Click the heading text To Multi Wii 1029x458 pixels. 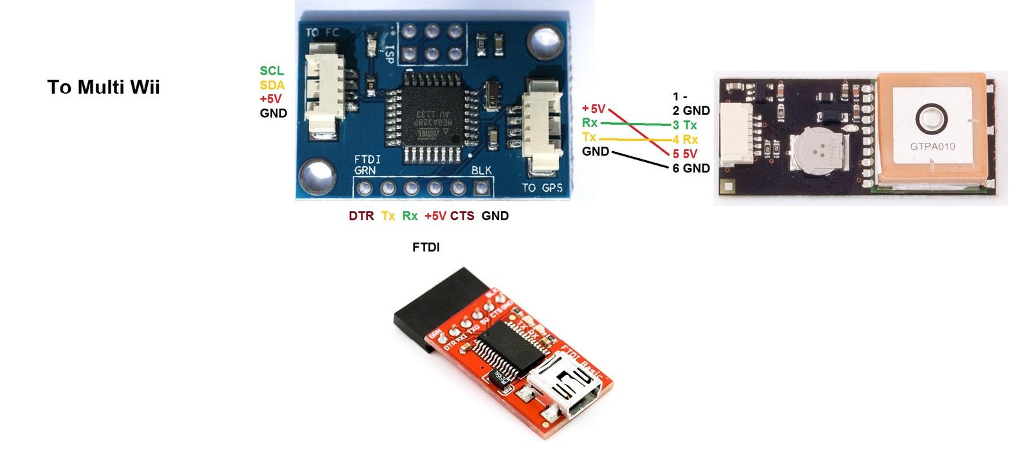tap(104, 87)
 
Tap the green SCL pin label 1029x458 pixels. tap(271, 71)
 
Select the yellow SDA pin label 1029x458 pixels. tap(272, 85)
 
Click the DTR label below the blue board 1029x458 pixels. tap(361, 216)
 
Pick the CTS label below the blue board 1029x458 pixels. tap(462, 216)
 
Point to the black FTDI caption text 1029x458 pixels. tap(426, 247)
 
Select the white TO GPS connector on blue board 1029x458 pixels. tap(539, 125)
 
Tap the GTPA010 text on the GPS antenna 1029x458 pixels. tap(932, 146)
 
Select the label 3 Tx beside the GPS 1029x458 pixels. tap(685, 125)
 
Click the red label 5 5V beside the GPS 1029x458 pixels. tap(685, 154)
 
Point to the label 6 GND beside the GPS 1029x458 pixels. tap(691, 169)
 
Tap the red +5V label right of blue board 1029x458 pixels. tap(593, 109)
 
